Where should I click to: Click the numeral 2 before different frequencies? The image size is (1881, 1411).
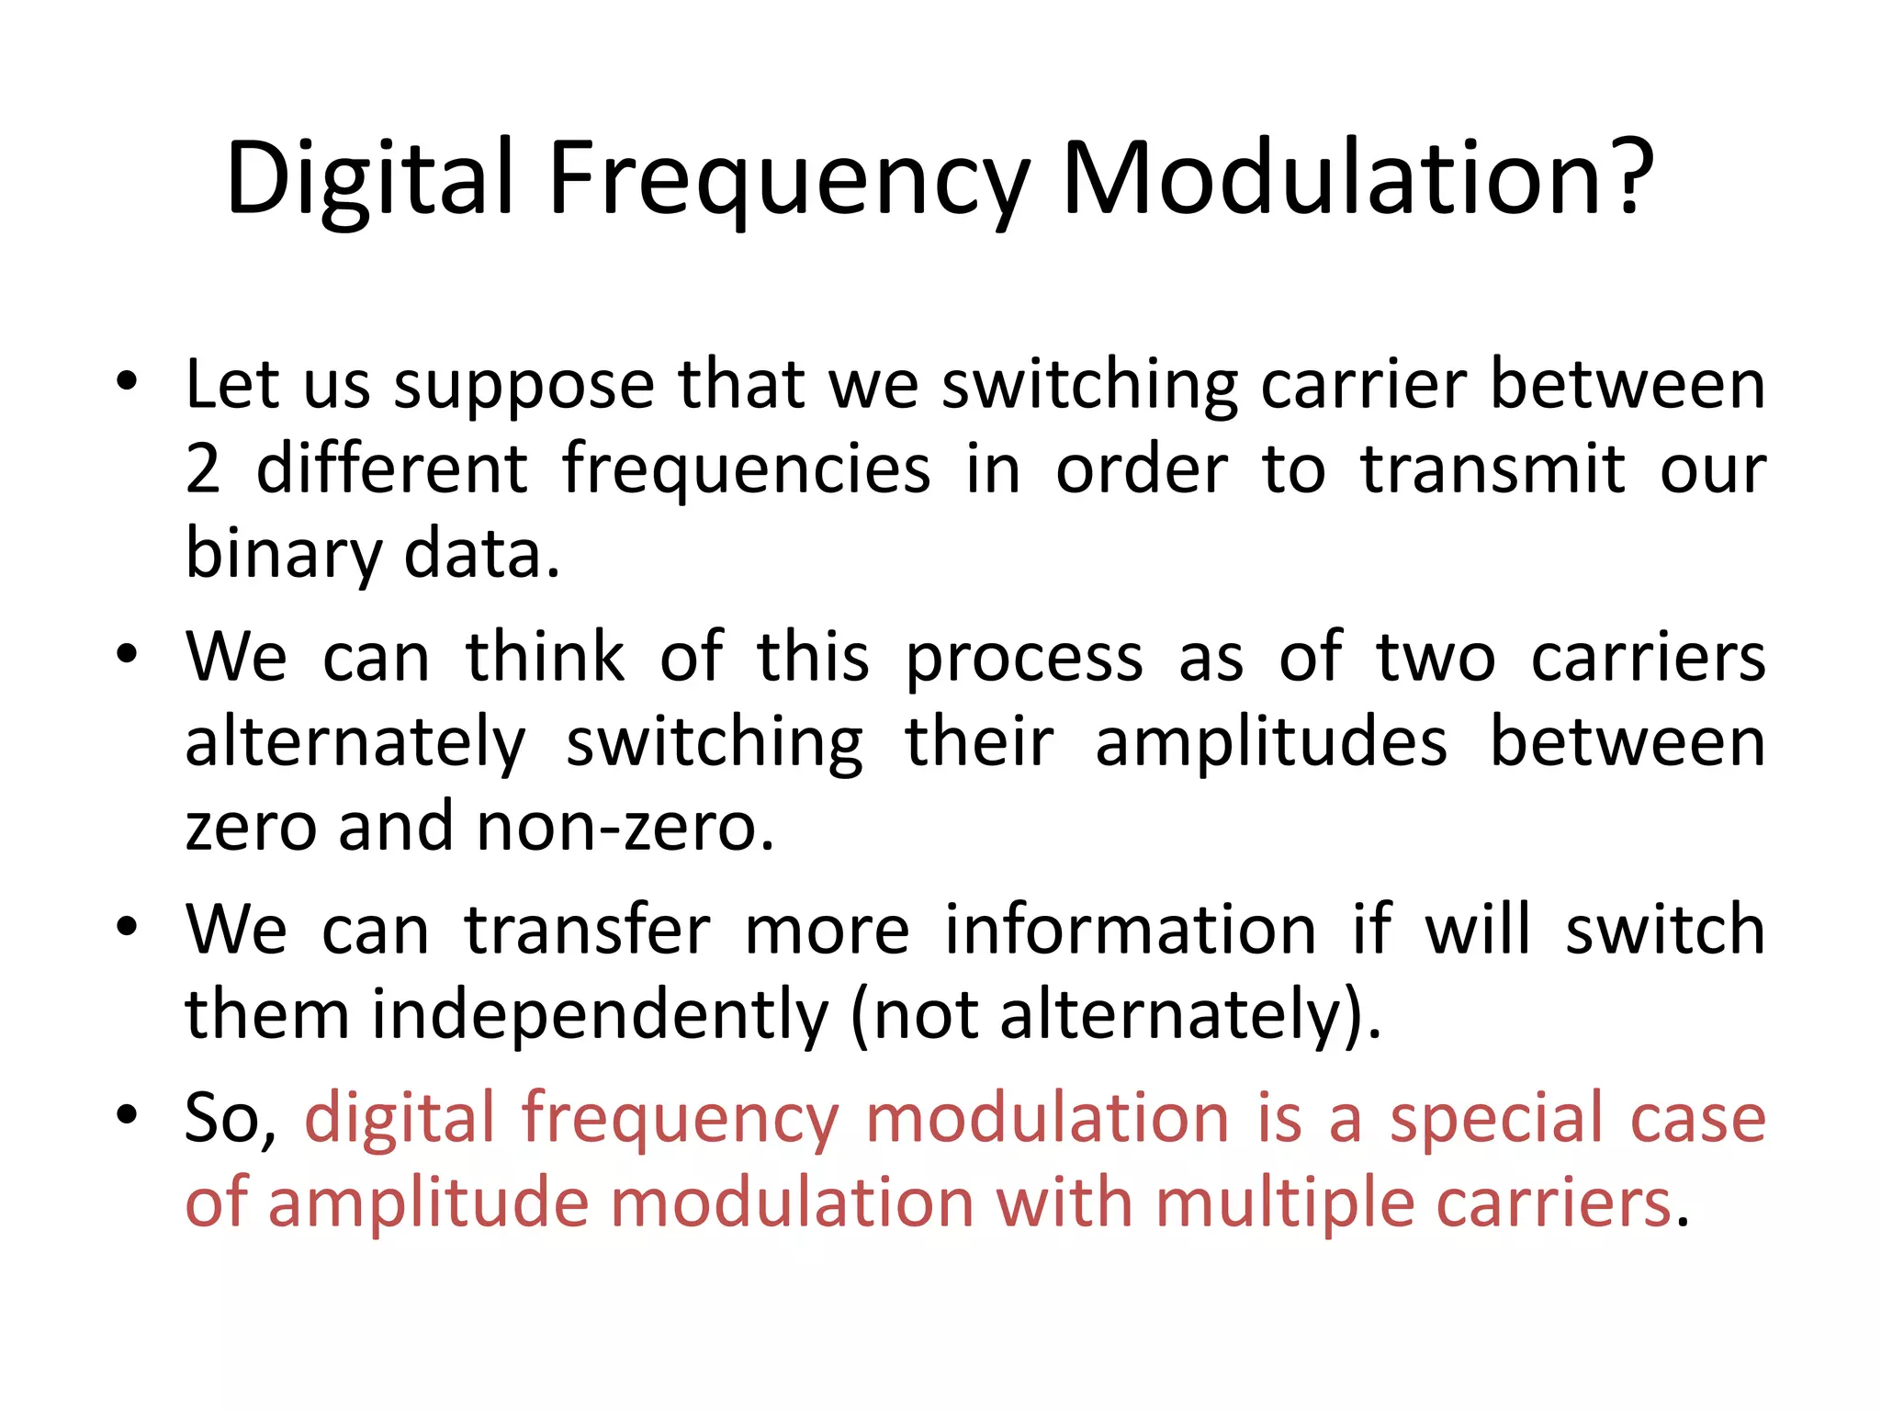pyautogui.click(x=203, y=469)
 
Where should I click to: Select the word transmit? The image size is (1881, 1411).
pyautogui.click(x=1492, y=469)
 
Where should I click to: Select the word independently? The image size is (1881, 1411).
pyautogui.click(x=600, y=1015)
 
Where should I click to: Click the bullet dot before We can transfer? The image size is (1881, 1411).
pyautogui.click(x=127, y=927)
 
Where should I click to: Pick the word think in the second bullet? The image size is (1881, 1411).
pyautogui.click(x=545, y=658)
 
